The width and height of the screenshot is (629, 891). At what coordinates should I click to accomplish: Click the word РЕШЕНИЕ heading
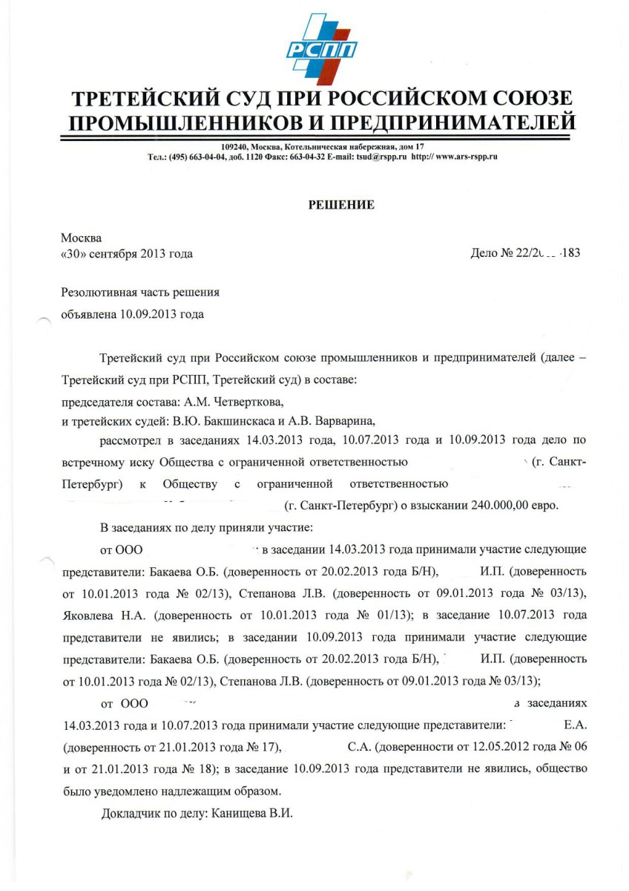pos(341,206)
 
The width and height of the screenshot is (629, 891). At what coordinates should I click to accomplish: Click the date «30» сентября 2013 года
pos(126,254)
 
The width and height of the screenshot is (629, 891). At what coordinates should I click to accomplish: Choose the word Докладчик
pos(132,813)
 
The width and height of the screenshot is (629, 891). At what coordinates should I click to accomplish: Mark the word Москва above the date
pos(82,238)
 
